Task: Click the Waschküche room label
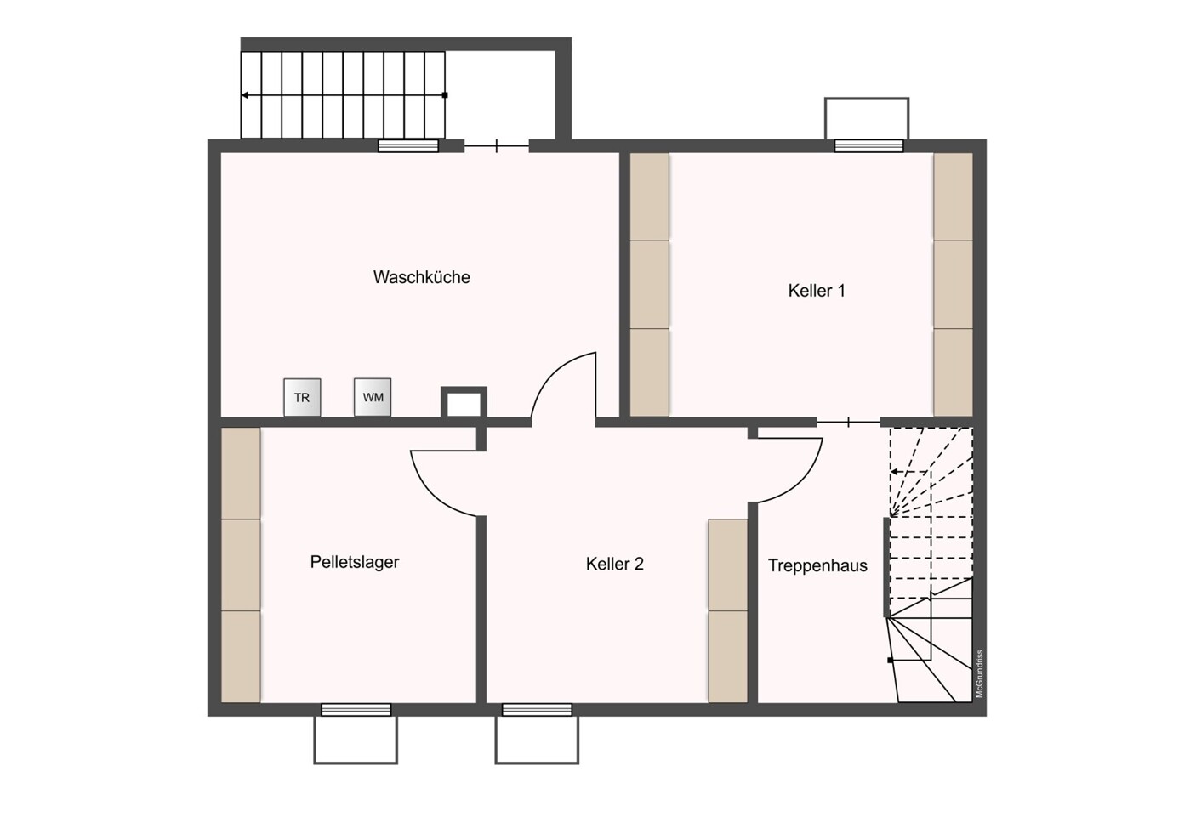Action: click(x=421, y=277)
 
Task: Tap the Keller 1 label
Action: click(x=816, y=291)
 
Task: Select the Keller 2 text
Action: click(x=615, y=564)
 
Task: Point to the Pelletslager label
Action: click(x=355, y=562)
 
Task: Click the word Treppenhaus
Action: click(x=817, y=566)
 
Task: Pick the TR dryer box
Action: click(x=302, y=397)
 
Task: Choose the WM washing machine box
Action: click(x=373, y=397)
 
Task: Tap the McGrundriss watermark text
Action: click(x=980, y=673)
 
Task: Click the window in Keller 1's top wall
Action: click(x=868, y=145)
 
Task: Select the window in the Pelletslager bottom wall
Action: click(x=356, y=710)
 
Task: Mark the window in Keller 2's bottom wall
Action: click(x=537, y=710)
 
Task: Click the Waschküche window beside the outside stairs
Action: click(x=408, y=145)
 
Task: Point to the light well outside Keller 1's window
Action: click(x=867, y=118)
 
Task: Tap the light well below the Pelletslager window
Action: click(x=356, y=741)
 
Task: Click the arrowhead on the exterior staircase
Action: click(x=244, y=95)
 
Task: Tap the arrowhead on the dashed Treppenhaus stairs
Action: click(x=894, y=472)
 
